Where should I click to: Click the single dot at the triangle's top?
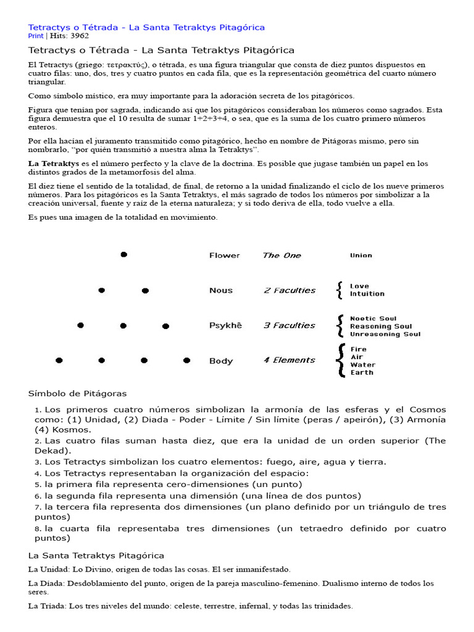pyautogui.click(x=123, y=254)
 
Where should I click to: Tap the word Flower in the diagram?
pyautogui.click(x=224, y=256)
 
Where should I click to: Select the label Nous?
pyautogui.click(x=221, y=291)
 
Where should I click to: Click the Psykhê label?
pyautogui.click(x=226, y=326)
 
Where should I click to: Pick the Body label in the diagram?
pyautogui.click(x=221, y=361)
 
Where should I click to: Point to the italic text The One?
pyautogui.click(x=281, y=256)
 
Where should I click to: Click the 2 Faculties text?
pyautogui.click(x=289, y=291)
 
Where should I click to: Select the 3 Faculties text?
pyautogui.click(x=289, y=326)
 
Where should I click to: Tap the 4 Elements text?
pyautogui.click(x=289, y=360)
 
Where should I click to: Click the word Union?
pyautogui.click(x=361, y=256)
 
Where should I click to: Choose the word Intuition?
pyautogui.click(x=367, y=294)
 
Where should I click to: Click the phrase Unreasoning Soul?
pyautogui.click(x=385, y=335)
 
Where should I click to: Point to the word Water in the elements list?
pyautogui.click(x=362, y=365)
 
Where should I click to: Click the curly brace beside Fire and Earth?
pyautogui.click(x=339, y=360)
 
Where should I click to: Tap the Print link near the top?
pyautogui.click(x=36, y=36)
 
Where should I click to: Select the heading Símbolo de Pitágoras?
pyautogui.click(x=78, y=393)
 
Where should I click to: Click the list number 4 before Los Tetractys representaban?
pyautogui.click(x=38, y=473)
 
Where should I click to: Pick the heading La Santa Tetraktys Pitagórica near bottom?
pyautogui.click(x=96, y=555)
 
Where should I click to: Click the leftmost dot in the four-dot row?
pyautogui.click(x=59, y=360)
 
